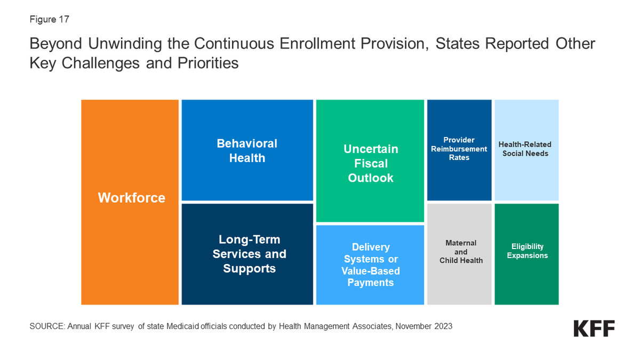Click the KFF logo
tap(594, 329)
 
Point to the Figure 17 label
tap(49, 20)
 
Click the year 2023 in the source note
tap(442, 326)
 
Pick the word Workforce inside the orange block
tap(131, 198)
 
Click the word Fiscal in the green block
tap(371, 164)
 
